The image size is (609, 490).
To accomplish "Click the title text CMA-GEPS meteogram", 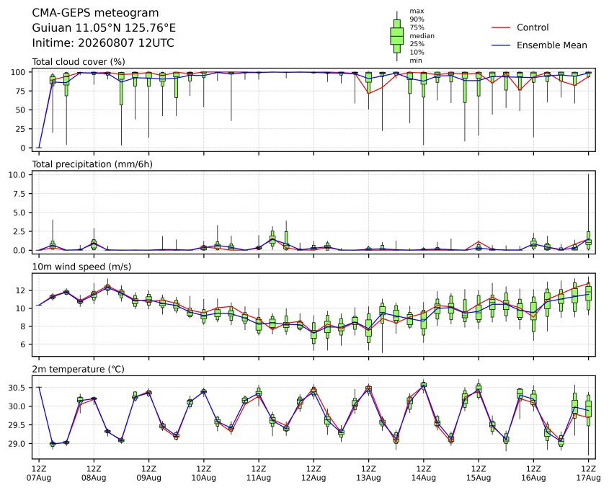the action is click(95, 13).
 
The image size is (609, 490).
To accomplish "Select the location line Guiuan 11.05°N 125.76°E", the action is click(104, 28).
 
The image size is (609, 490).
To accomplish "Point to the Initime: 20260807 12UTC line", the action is click(103, 43).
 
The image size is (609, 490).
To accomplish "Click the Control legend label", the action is click(533, 27).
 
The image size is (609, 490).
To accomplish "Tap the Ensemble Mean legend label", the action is click(551, 45).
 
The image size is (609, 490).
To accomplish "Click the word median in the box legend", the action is click(422, 36).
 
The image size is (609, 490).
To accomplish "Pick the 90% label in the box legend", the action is click(417, 19).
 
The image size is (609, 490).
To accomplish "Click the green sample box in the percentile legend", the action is click(396, 36).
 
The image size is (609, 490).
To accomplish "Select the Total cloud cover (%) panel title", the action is click(79, 62).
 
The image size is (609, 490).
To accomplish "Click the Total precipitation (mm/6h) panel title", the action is click(92, 164).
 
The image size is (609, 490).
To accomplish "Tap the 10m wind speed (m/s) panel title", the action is click(81, 267).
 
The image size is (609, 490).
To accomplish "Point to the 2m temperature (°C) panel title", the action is click(78, 369).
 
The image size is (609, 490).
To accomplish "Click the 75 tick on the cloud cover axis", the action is click(22, 91).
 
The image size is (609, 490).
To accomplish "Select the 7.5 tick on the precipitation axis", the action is click(19, 194).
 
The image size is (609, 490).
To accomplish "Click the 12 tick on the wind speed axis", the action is click(22, 290).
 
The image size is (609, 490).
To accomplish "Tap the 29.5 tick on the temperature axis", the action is click(17, 425).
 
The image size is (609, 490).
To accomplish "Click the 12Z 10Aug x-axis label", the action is click(203, 473).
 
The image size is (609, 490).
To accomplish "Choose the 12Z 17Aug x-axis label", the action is click(588, 473).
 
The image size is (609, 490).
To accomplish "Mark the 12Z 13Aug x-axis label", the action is click(368, 473).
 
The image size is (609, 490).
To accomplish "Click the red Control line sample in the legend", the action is click(501, 27).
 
